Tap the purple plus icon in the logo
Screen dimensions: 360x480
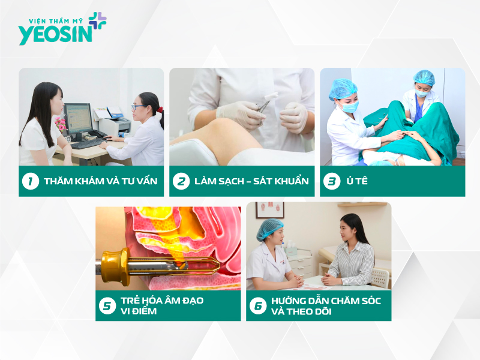point(98,21)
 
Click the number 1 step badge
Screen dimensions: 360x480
point(30,181)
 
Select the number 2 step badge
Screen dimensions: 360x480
point(181,181)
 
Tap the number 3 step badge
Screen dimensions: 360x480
point(331,181)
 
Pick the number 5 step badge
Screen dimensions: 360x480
point(107,305)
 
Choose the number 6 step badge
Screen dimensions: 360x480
point(257,305)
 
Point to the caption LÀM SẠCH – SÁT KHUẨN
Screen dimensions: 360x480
point(251,181)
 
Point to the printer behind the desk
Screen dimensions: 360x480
point(114,124)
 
